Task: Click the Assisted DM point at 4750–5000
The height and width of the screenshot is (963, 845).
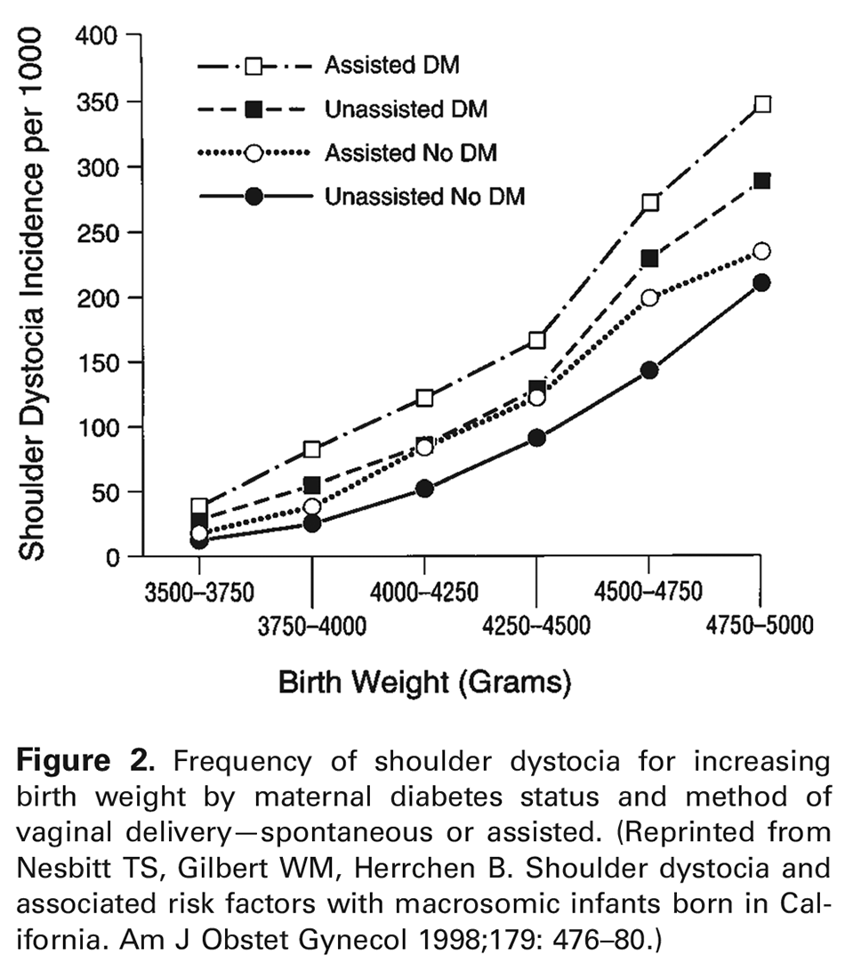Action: (x=761, y=104)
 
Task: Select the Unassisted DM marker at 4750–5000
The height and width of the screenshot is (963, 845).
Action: (x=761, y=181)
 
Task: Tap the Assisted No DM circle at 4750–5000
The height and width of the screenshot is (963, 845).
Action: (x=761, y=251)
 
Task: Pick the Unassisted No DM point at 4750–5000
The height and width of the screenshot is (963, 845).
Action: (x=761, y=283)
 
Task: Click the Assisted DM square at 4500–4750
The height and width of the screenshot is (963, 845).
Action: (x=649, y=202)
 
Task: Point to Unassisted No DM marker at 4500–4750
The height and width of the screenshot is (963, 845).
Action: (x=649, y=369)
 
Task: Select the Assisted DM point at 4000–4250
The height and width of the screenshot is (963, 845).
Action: (x=424, y=397)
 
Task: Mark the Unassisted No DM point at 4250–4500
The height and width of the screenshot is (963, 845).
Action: (x=536, y=438)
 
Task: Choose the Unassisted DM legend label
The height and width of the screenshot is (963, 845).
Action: (x=406, y=109)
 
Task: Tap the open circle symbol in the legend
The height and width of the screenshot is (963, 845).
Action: (x=253, y=153)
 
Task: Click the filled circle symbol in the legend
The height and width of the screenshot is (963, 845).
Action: (x=253, y=197)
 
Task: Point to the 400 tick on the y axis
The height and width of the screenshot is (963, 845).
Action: (x=131, y=36)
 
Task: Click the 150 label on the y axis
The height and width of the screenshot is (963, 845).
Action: (x=98, y=362)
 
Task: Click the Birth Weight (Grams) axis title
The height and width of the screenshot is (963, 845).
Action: (x=424, y=684)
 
